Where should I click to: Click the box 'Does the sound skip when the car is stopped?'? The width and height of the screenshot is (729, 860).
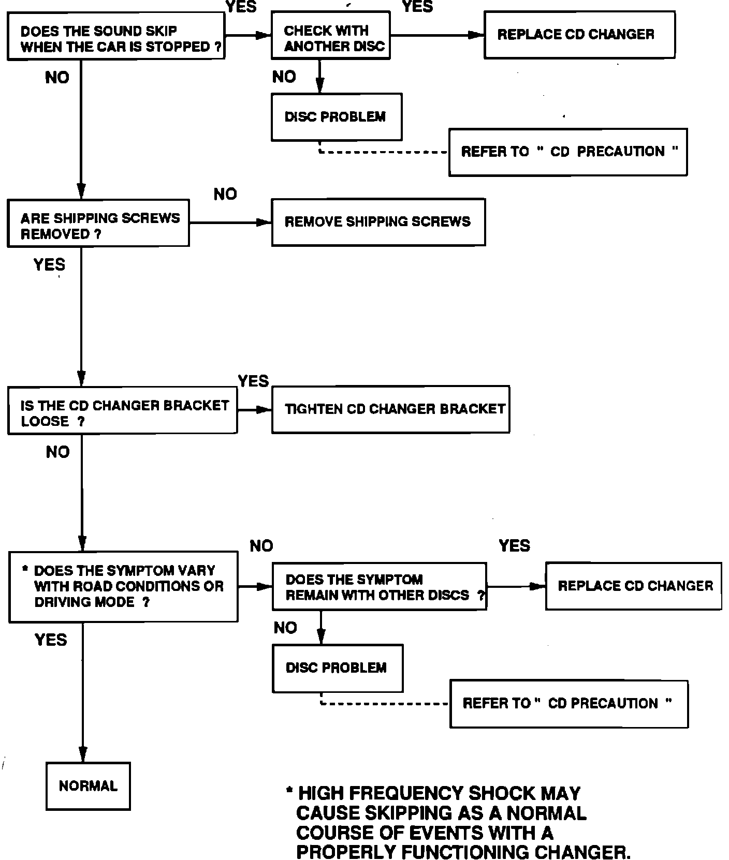click(116, 36)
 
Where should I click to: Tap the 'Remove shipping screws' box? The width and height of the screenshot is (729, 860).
click(378, 222)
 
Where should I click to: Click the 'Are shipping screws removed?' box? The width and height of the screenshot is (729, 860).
click(98, 223)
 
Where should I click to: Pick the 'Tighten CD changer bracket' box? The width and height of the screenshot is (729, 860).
click(391, 409)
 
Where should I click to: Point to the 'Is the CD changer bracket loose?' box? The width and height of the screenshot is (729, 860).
click(123, 410)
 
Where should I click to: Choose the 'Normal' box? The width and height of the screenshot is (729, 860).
click(88, 786)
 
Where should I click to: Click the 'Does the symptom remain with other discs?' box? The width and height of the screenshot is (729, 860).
click(380, 587)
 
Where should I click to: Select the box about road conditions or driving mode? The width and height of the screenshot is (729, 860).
click(123, 587)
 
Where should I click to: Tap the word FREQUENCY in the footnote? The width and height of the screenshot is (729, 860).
click(403, 793)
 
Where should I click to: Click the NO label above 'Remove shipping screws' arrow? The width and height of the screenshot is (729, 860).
click(225, 194)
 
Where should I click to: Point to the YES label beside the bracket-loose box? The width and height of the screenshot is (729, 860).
click(253, 381)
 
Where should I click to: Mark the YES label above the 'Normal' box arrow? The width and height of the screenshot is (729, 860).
click(51, 640)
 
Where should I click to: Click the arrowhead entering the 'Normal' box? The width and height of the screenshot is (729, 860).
click(82, 754)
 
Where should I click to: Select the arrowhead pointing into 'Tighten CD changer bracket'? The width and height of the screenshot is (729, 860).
click(265, 410)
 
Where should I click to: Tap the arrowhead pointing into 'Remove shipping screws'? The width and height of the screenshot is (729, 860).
click(265, 223)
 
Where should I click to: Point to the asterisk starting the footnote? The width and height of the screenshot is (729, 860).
click(289, 791)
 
